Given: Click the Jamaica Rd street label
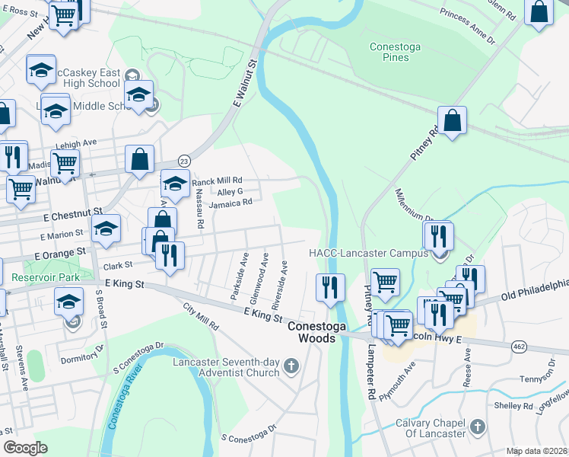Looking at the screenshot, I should click(x=230, y=204).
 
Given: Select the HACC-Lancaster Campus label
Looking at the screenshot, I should click(x=367, y=253).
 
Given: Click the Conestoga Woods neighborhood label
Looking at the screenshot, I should click(x=311, y=330).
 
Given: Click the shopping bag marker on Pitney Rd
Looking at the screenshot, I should click(x=452, y=121).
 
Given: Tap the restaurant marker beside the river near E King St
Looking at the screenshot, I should click(x=330, y=287).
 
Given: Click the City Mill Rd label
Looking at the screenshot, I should click(x=201, y=317).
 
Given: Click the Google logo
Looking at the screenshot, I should click(x=25, y=448).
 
